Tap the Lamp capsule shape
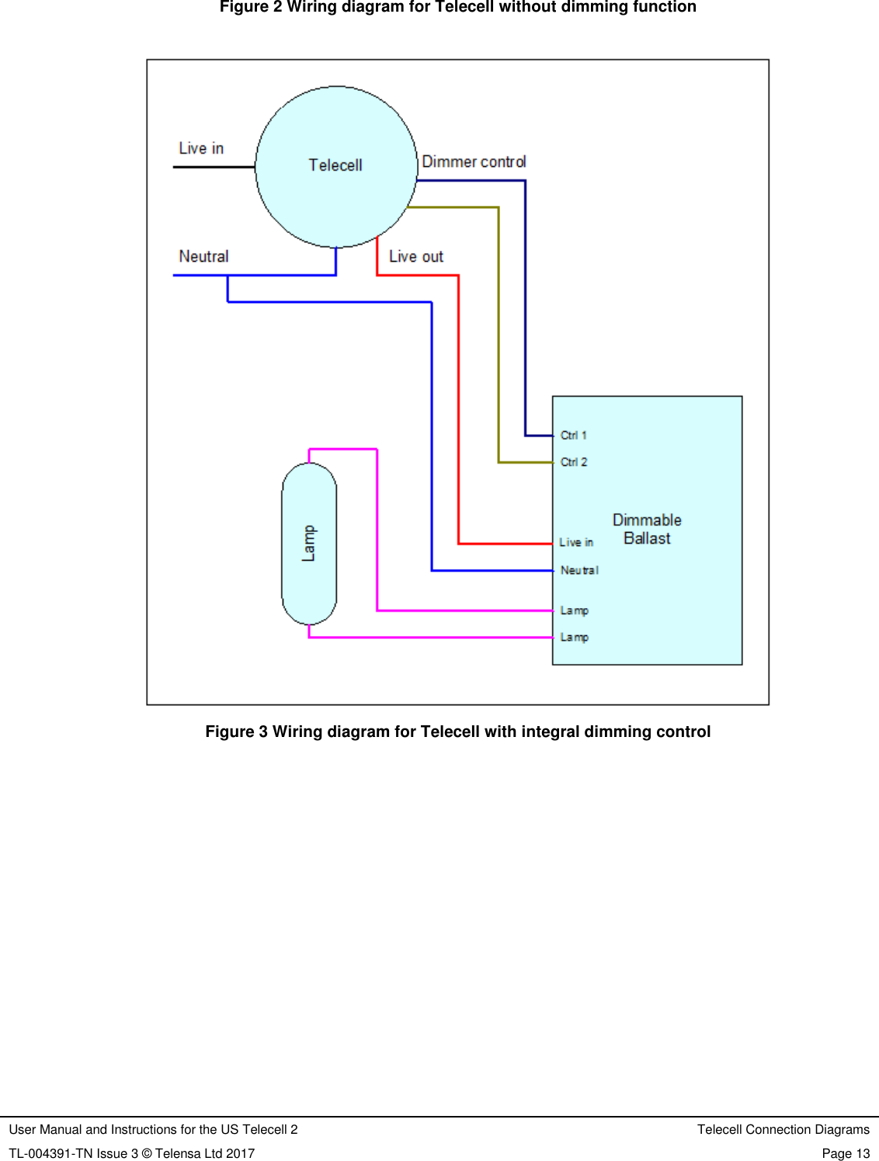click(x=309, y=544)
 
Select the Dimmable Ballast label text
click(x=647, y=529)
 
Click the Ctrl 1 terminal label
click(x=574, y=436)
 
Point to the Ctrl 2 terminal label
click(x=574, y=462)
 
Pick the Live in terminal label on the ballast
click(x=576, y=542)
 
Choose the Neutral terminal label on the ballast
click(x=579, y=570)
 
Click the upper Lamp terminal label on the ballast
click(x=575, y=610)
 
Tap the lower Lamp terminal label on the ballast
click(x=575, y=637)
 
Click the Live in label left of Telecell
click(x=201, y=148)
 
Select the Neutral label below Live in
click(x=203, y=256)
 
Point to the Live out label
click(x=416, y=256)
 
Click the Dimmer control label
click(x=474, y=162)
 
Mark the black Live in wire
click(x=214, y=167)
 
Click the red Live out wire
click(x=458, y=404)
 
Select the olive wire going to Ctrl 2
click(x=499, y=334)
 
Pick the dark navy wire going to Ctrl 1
click(x=525, y=311)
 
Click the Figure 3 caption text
click(x=457, y=732)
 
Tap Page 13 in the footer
click(x=846, y=1153)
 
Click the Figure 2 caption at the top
click(x=457, y=7)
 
